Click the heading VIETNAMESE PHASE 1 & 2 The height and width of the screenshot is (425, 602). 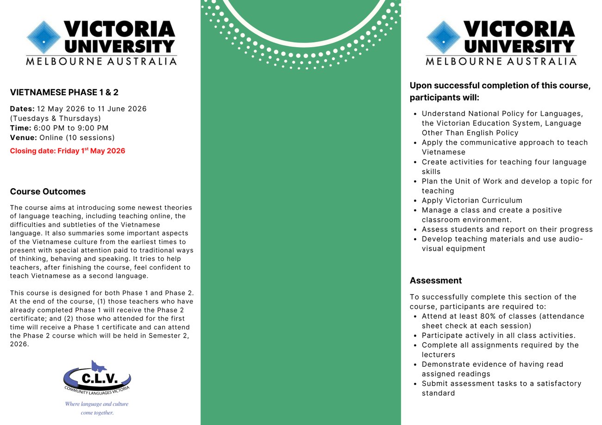tap(64, 92)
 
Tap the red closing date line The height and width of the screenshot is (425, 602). tap(68, 151)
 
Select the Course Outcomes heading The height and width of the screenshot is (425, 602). tap(48, 191)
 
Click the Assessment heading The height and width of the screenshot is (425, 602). tap(436, 281)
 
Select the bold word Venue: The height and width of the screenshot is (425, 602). tap(23, 138)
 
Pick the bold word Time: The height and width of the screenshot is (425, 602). tap(20, 128)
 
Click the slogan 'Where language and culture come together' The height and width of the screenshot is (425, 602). tap(97, 408)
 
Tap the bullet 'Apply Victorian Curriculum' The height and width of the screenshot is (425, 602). tap(472, 201)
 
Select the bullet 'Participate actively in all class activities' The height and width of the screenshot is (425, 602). tap(499, 335)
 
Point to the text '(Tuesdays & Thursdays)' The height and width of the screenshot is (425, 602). tap(56, 118)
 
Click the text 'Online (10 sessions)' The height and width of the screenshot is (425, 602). tap(77, 138)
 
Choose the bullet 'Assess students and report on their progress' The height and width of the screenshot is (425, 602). tap(507, 229)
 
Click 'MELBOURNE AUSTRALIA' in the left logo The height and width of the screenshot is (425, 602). tap(101, 62)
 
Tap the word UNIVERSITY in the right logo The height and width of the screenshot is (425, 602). tap(519, 46)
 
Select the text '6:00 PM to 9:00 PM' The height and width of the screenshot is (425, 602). tap(71, 128)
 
